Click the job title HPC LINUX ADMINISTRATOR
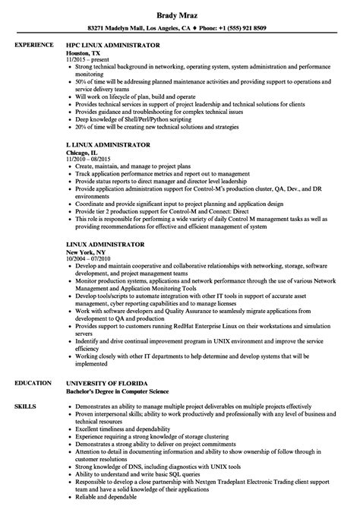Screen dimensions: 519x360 [x=116, y=45]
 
